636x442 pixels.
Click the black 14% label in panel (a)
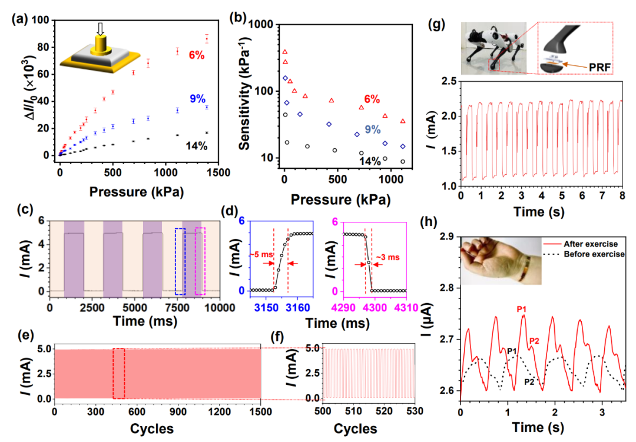coord(196,145)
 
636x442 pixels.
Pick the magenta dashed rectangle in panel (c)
coord(201,261)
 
